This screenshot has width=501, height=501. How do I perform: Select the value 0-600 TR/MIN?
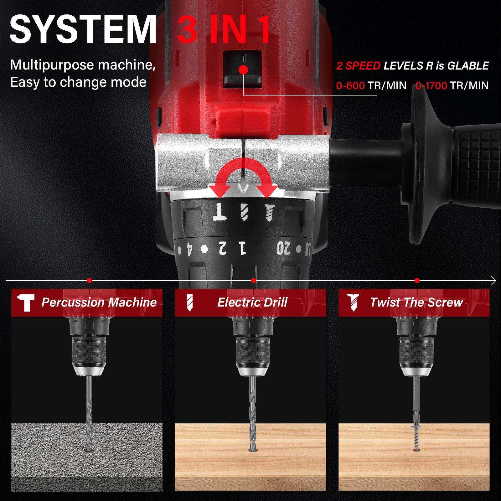pyautogui.click(x=371, y=85)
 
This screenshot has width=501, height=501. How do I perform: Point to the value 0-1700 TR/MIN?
pyautogui.click(x=452, y=85)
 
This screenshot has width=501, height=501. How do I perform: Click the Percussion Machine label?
pyautogui.click(x=99, y=302)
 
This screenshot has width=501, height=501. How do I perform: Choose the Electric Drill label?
pyautogui.click(x=252, y=302)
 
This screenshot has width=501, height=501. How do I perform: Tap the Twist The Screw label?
pyautogui.click(x=416, y=302)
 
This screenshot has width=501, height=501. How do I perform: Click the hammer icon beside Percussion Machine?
pyautogui.click(x=26, y=302)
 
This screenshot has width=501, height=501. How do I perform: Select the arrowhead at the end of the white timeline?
pyautogui.click(x=494, y=281)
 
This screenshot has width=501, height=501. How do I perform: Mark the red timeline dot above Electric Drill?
pyautogui.click(x=254, y=281)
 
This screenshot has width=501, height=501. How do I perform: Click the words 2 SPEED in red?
pyautogui.click(x=358, y=66)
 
